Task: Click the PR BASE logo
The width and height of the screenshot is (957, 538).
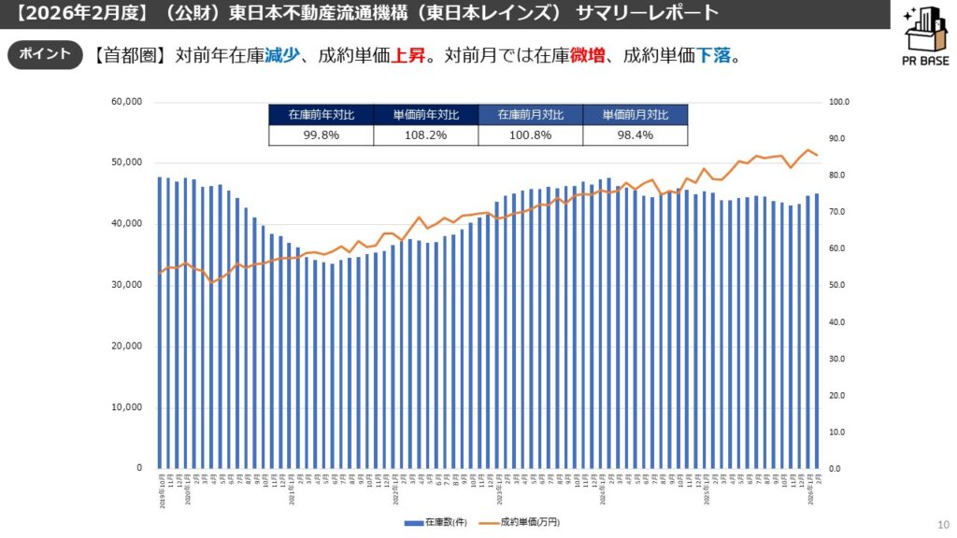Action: pyautogui.click(x=925, y=37)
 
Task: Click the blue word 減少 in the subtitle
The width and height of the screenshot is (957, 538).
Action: pyautogui.click(x=282, y=55)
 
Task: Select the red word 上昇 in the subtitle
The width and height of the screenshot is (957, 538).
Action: pyautogui.click(x=414, y=55)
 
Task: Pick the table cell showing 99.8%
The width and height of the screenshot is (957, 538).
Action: pyautogui.click(x=321, y=135)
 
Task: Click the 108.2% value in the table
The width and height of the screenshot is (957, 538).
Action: pyautogui.click(x=425, y=135)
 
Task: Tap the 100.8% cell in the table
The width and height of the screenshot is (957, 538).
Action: pyautogui.click(x=530, y=135)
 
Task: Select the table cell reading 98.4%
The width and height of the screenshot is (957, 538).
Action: pyautogui.click(x=635, y=135)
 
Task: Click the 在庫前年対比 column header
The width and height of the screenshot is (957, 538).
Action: pyautogui.click(x=321, y=115)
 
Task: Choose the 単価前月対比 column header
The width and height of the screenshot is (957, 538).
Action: pyautogui.click(x=635, y=115)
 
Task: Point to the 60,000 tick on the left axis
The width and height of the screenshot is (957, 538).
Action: pyautogui.click(x=125, y=101)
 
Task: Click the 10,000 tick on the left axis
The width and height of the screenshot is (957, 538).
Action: pyautogui.click(x=125, y=407)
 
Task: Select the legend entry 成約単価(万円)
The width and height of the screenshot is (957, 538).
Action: pyautogui.click(x=529, y=523)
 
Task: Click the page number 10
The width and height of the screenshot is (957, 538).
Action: pyautogui.click(x=941, y=523)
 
